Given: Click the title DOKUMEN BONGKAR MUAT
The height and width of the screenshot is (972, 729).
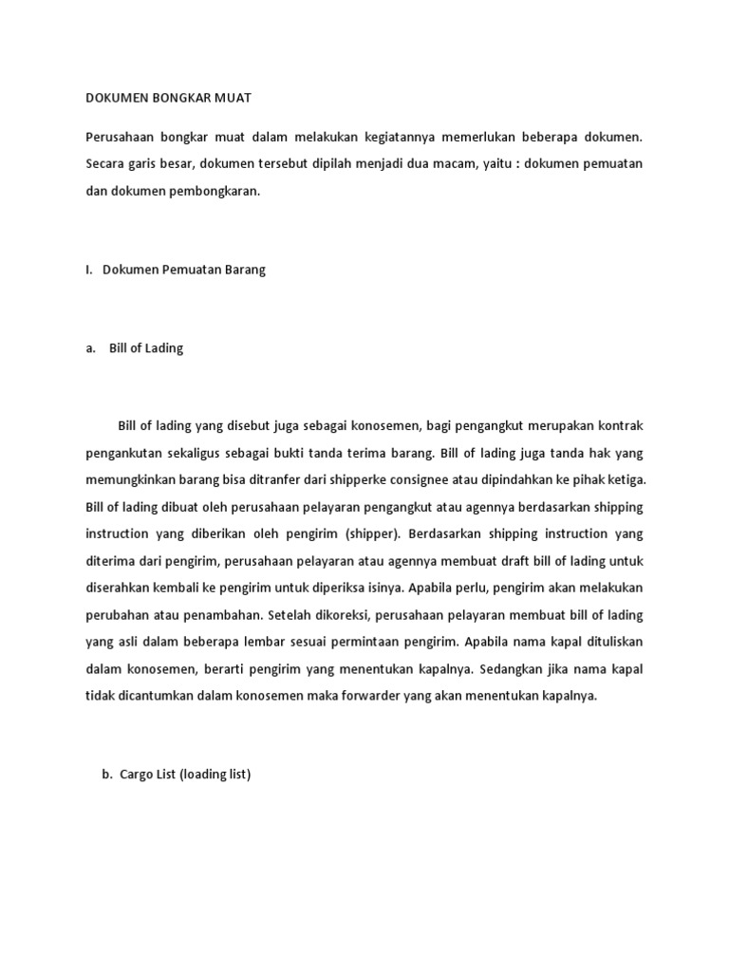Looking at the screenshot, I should [x=168, y=98].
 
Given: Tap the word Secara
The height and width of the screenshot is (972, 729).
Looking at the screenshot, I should [x=106, y=164].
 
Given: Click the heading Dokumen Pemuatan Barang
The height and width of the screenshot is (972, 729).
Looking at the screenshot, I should [x=184, y=270].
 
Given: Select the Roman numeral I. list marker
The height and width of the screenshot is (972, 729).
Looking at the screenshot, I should [x=89, y=270].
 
